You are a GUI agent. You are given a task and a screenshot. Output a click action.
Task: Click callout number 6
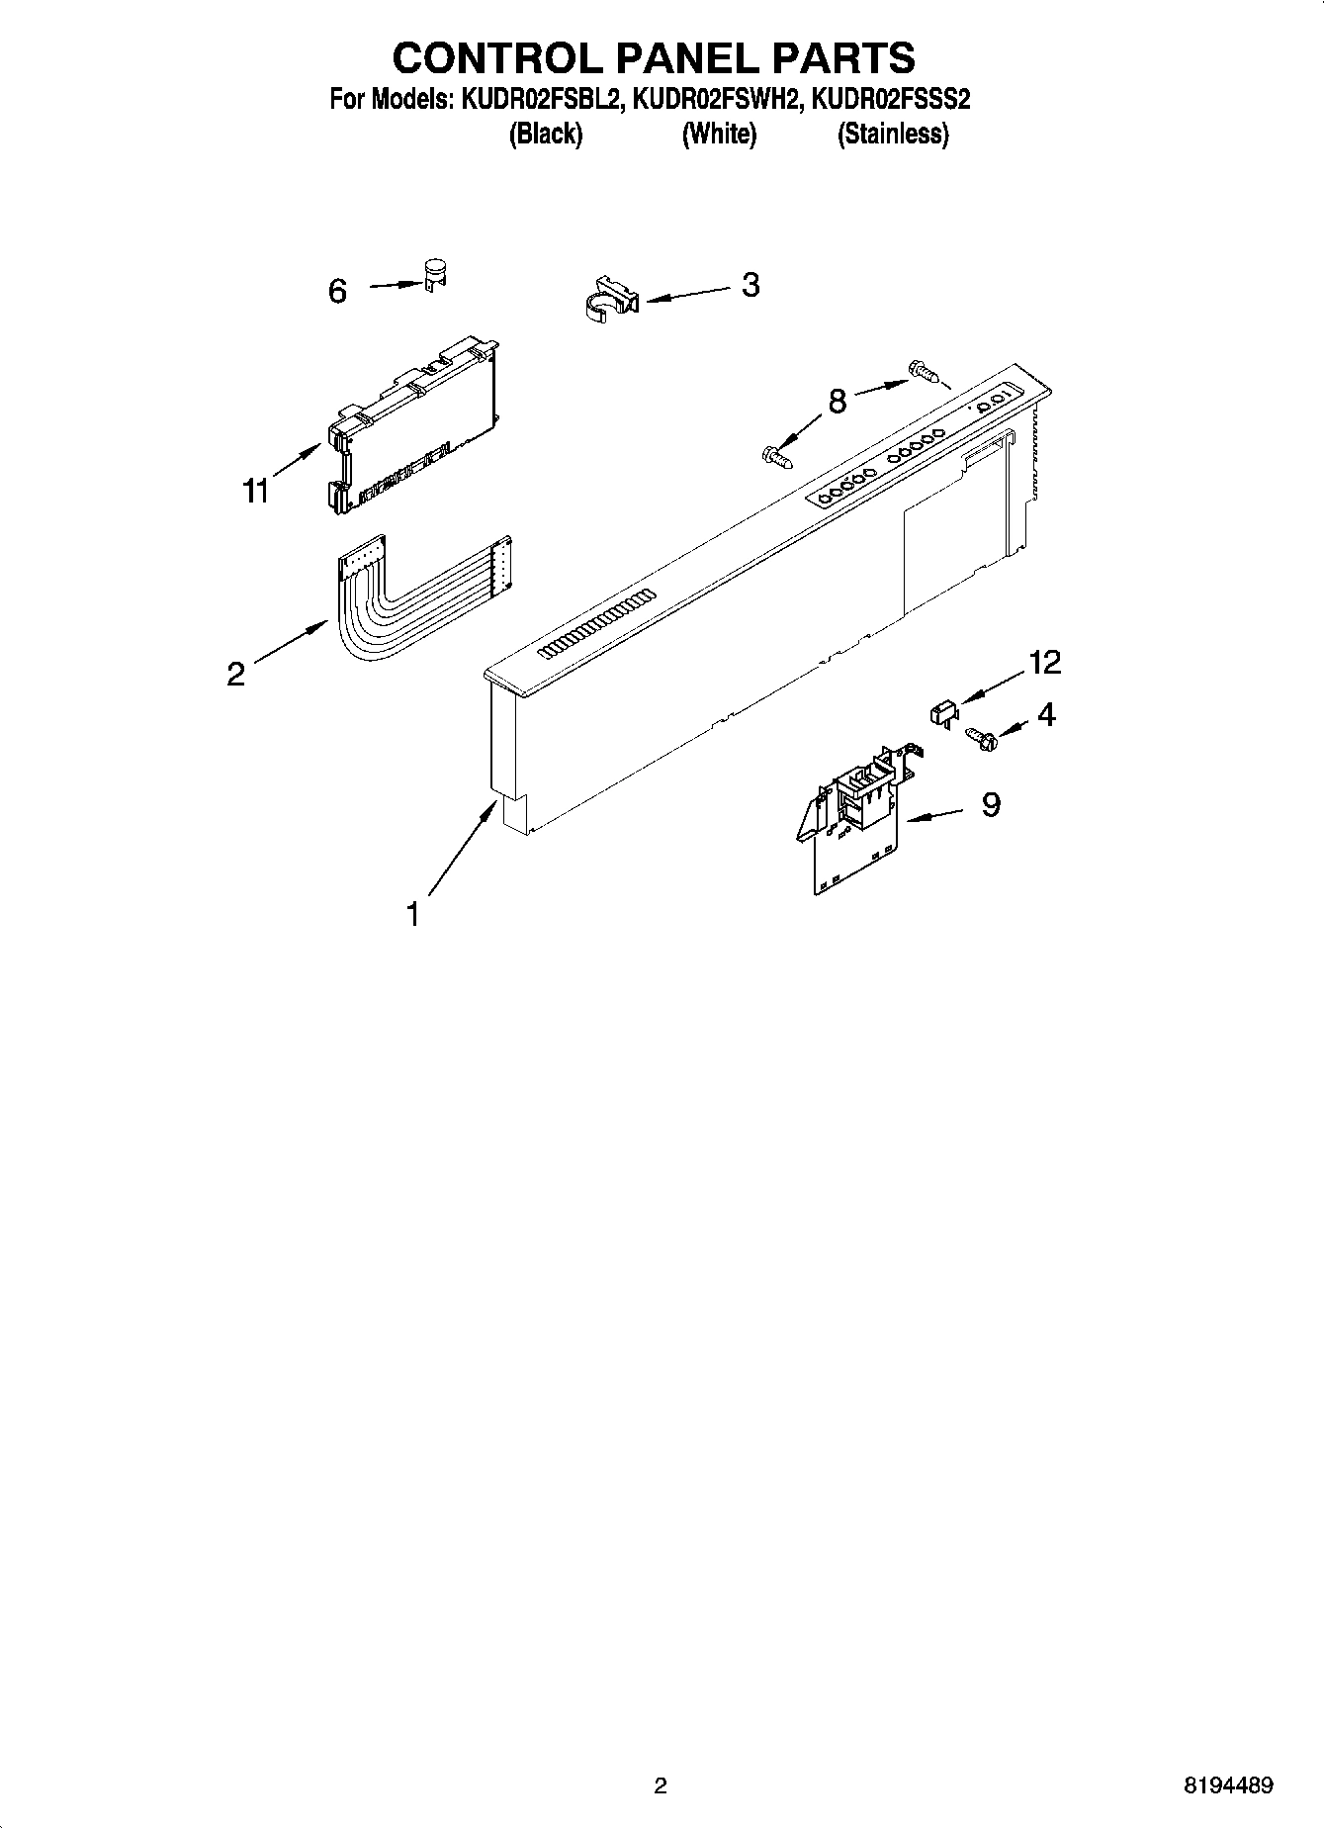[x=337, y=291]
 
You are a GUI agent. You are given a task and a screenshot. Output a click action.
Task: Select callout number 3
[x=750, y=285]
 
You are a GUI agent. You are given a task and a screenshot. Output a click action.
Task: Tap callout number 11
[x=256, y=490]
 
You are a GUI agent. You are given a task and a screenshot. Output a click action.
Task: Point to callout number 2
[x=235, y=674]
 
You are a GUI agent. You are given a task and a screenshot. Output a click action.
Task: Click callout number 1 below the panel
[x=413, y=914]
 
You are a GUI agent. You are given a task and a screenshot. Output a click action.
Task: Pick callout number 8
[x=838, y=402]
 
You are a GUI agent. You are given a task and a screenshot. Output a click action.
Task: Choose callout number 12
[x=1044, y=663]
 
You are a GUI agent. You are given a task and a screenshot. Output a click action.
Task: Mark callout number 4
[x=1045, y=713]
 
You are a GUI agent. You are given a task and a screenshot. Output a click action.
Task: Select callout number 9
[x=991, y=804]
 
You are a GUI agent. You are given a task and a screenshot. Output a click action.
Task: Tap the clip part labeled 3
[x=607, y=298]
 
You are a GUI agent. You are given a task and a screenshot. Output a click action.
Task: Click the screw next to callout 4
[x=979, y=738]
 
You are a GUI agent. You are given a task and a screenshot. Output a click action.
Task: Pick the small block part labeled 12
[x=942, y=711]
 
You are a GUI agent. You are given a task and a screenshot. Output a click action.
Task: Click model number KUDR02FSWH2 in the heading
[x=718, y=100]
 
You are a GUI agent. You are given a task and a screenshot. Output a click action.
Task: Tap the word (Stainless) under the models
[x=893, y=135]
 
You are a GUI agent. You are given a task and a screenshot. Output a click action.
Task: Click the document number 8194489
[x=1228, y=1786]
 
